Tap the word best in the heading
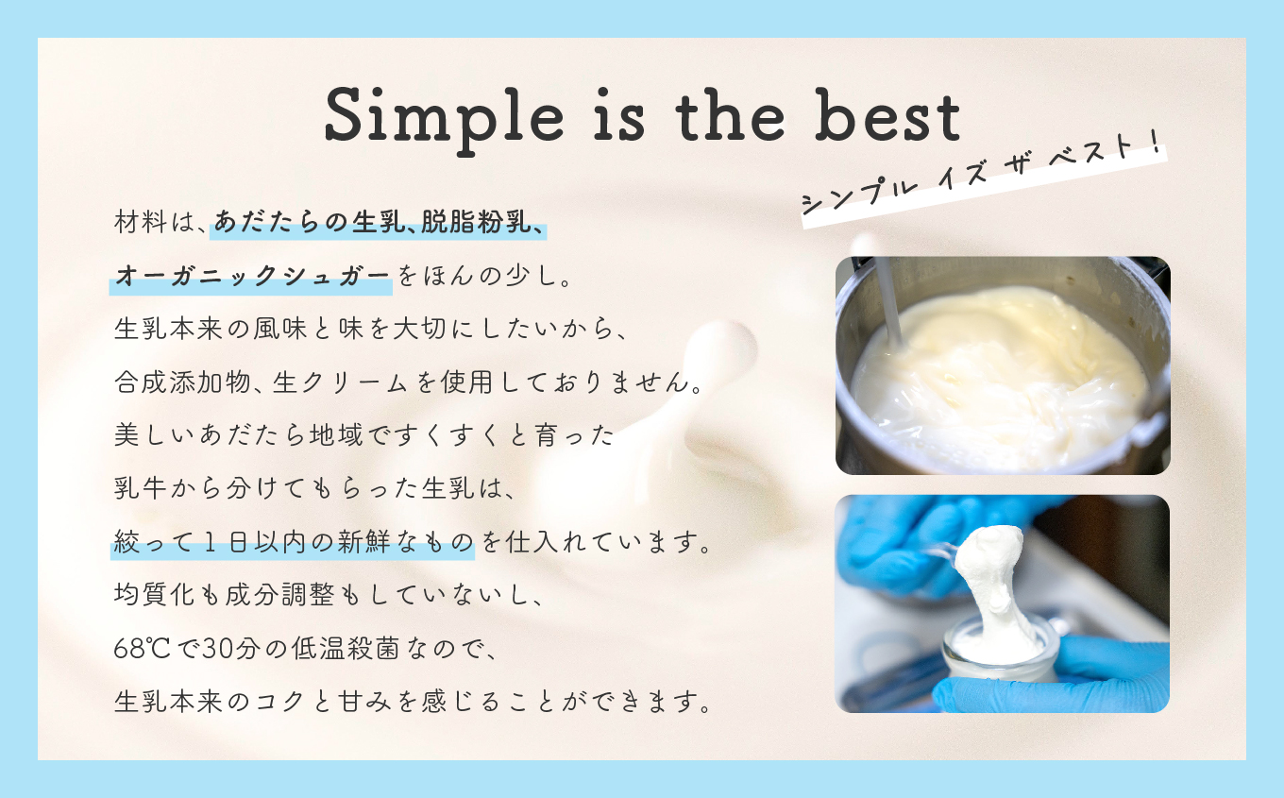pos(887,114)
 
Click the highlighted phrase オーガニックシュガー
pos(252,276)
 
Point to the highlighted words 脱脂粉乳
pos(476,222)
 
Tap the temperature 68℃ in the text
pos(143,649)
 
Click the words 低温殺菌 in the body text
pos(346,649)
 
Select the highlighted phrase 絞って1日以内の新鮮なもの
pos(294,542)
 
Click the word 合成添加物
pos(181,382)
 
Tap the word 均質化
pos(155,595)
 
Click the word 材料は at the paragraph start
pos(155,222)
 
